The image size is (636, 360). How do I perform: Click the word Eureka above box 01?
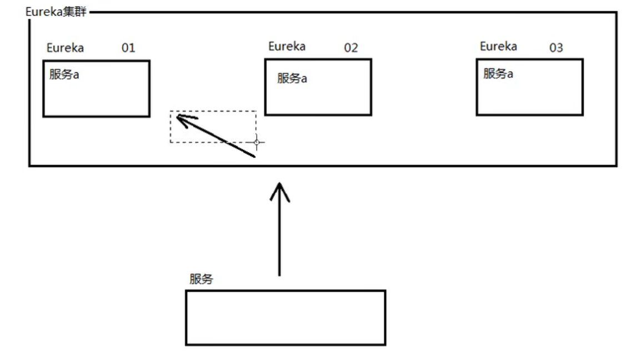tap(65, 48)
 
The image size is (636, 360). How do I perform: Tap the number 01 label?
tap(128, 48)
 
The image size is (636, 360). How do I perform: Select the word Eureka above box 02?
tap(287, 46)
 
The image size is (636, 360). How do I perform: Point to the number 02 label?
tap(351, 48)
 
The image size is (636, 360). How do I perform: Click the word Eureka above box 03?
tap(498, 46)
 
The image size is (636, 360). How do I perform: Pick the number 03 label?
tap(556, 48)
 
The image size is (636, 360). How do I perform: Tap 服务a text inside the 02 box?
tap(292, 78)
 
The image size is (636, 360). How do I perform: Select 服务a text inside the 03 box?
tap(498, 73)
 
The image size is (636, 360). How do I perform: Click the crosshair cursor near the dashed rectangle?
tap(257, 142)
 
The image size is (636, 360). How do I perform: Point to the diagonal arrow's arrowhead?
tap(179, 116)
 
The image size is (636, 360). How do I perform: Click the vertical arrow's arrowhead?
tap(279, 189)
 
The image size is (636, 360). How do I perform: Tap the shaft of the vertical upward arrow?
tap(279, 233)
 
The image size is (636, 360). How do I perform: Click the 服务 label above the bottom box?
tap(201, 279)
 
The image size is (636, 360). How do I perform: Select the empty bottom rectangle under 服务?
tap(285, 318)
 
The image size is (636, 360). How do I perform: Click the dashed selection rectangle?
tap(213, 112)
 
